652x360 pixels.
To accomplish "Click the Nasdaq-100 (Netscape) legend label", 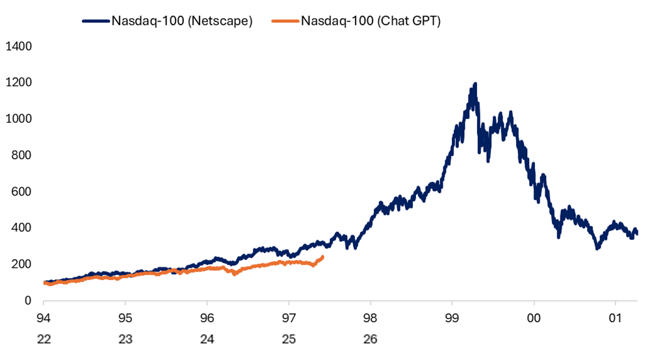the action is click(182, 21).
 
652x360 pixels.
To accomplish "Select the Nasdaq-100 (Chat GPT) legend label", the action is click(371, 21).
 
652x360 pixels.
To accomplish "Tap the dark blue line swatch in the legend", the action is click(96, 21).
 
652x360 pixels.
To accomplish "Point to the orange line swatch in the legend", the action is click(285, 21).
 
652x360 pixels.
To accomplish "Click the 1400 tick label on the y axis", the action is click(19, 46).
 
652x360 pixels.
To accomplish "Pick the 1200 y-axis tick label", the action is click(19, 83).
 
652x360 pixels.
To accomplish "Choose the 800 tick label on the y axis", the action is click(21, 155).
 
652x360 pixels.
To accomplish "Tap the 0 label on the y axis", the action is click(28, 300).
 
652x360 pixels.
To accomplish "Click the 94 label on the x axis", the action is click(44, 318).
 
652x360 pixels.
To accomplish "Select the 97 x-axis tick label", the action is click(289, 318).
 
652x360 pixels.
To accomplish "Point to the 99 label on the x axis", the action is click(452, 318).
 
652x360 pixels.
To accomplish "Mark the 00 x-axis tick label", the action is click(534, 318).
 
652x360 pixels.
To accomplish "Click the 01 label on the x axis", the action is click(616, 318).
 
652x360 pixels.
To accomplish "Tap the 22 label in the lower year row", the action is click(44, 340).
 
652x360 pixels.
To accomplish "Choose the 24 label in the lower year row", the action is click(207, 340).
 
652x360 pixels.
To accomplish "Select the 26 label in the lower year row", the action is click(371, 340).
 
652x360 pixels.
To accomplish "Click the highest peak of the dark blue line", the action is click(475, 84).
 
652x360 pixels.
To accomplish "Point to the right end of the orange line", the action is click(322, 257).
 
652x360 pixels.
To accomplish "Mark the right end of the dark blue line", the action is click(636, 233).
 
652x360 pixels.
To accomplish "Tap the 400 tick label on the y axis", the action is click(21, 227).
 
